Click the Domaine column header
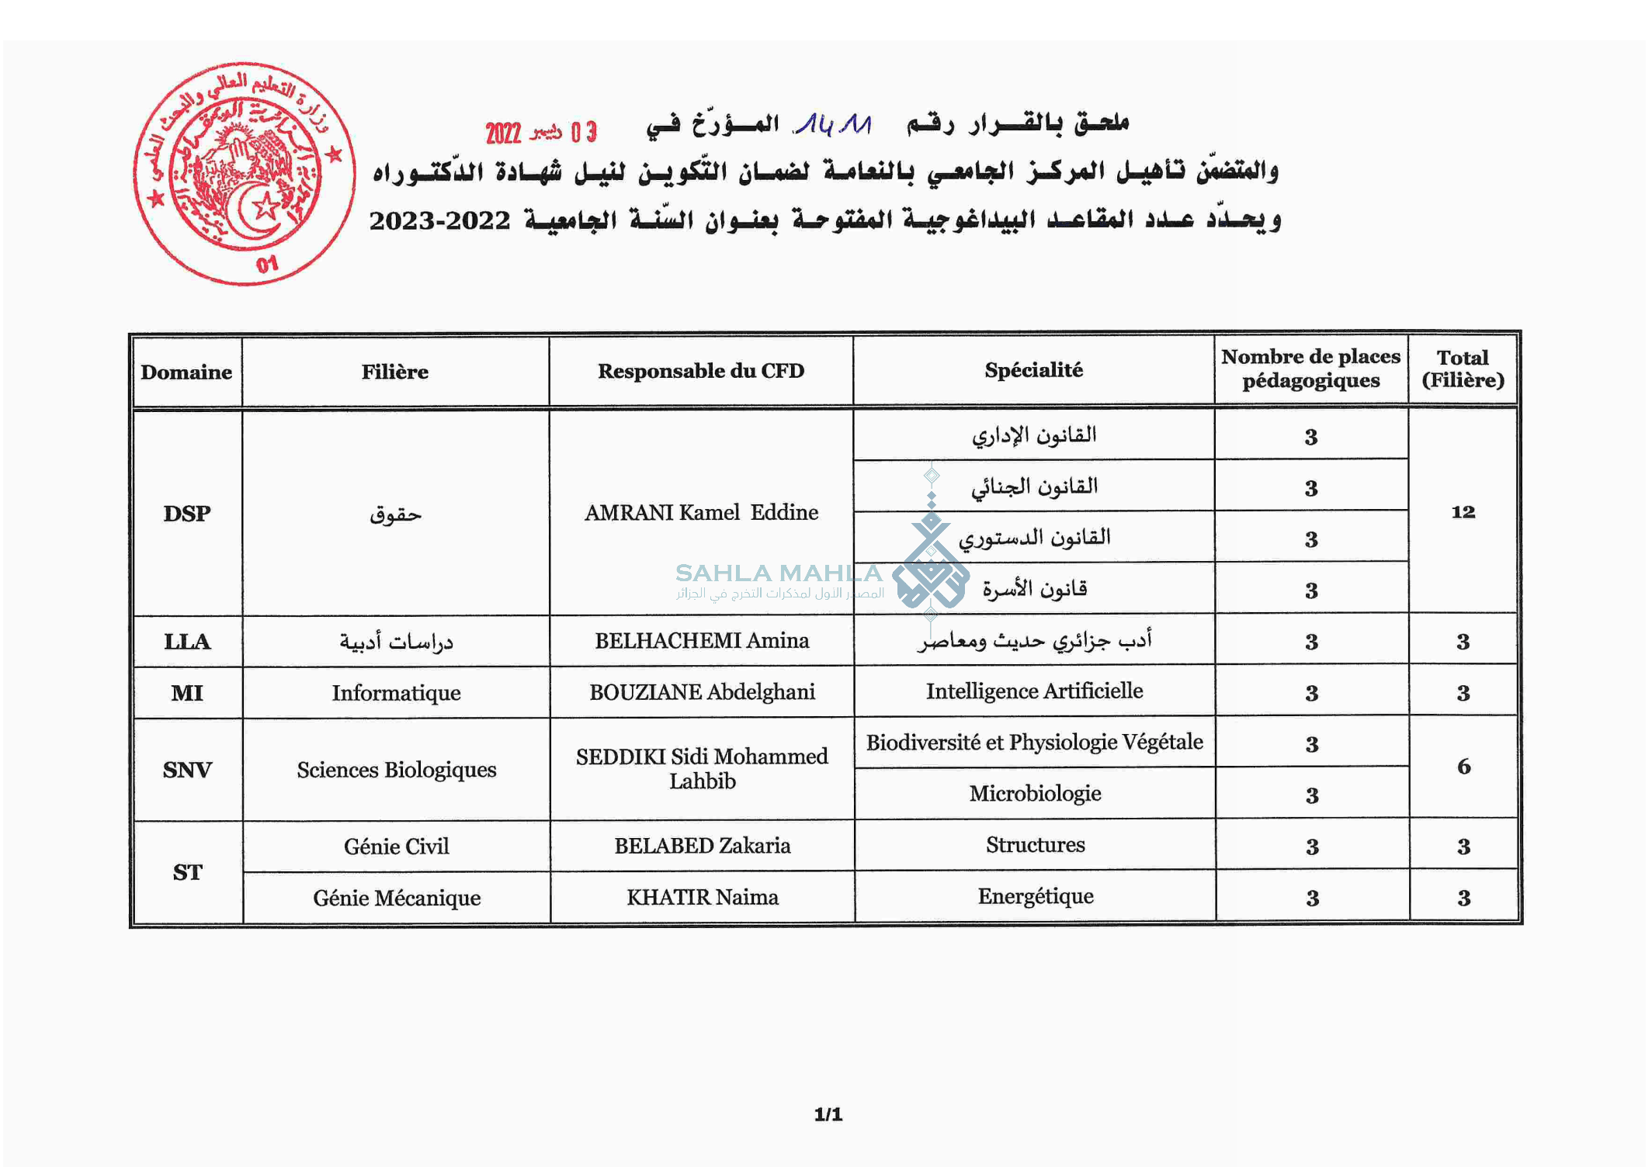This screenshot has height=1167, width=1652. [186, 372]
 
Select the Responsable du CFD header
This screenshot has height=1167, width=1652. [700, 371]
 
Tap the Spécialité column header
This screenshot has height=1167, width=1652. [1033, 370]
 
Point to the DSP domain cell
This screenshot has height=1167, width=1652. [186, 514]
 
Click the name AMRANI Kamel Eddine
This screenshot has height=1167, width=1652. [701, 512]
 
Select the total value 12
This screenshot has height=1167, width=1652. [1463, 512]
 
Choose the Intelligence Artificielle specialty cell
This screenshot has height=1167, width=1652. [1034, 691]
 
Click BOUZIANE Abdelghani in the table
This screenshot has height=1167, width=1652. [702, 691]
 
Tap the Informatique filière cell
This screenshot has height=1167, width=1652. [396, 692]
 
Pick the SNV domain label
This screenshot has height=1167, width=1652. [187, 770]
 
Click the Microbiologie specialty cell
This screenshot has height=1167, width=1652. [1035, 793]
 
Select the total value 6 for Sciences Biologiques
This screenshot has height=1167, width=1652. [1463, 767]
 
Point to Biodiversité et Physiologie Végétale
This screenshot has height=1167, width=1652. [1034, 742]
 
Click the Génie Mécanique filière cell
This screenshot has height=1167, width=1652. [397, 898]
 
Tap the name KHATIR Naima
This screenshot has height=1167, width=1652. [702, 897]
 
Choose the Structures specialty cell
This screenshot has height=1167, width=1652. [1036, 844]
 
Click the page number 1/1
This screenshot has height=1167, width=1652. [828, 1114]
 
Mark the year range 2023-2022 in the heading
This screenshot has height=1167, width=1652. [439, 221]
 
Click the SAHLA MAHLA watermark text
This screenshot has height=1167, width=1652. [778, 573]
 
